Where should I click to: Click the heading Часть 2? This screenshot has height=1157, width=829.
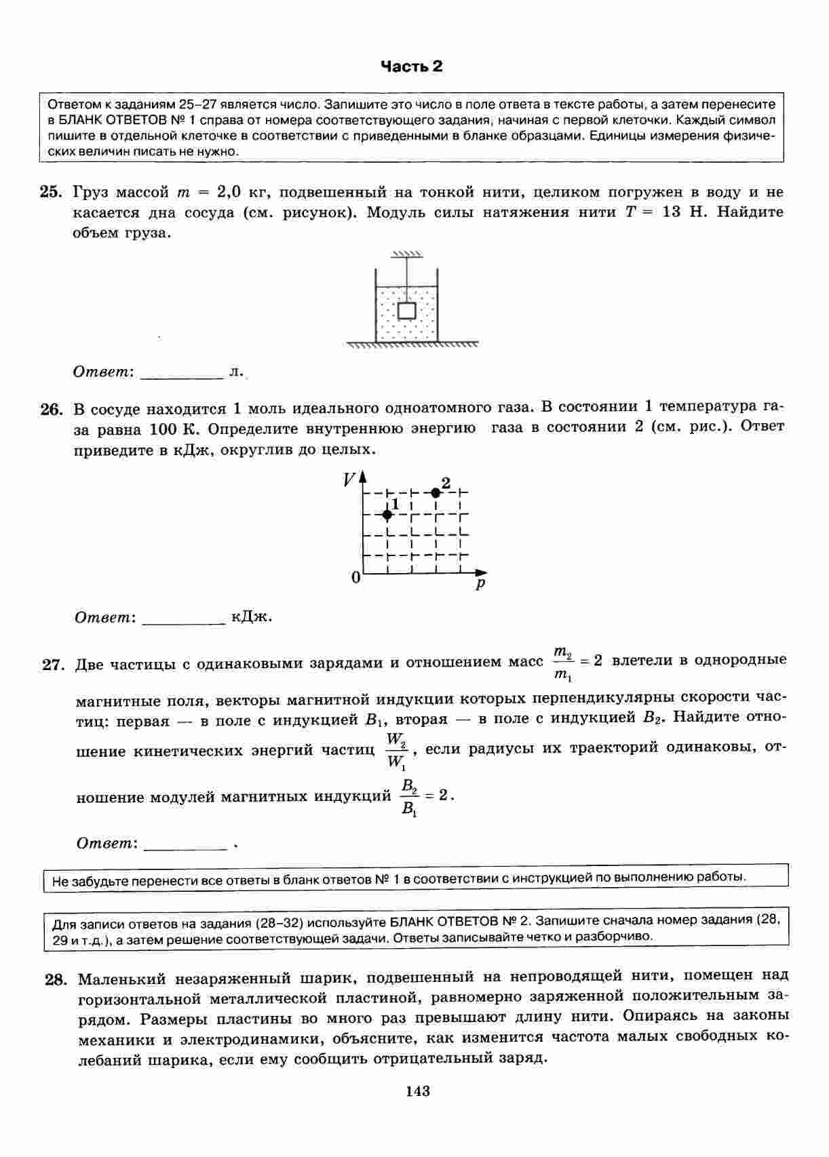(x=411, y=66)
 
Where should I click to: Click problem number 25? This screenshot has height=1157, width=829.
(x=51, y=192)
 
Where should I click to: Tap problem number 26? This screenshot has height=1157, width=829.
(x=52, y=410)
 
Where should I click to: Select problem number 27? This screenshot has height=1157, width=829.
(x=52, y=665)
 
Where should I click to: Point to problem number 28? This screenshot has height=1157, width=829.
(x=56, y=979)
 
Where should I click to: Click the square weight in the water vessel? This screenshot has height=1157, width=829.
(x=406, y=311)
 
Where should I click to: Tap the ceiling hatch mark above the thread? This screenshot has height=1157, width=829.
(x=406, y=254)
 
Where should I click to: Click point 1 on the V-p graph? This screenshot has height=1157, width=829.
(x=387, y=515)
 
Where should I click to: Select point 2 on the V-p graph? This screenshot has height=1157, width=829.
(x=436, y=492)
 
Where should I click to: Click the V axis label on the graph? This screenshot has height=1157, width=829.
(x=349, y=480)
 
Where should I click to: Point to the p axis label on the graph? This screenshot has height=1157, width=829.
(x=481, y=583)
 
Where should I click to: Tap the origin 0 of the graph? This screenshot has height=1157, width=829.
(x=355, y=578)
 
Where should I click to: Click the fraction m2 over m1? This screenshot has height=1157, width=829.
(x=563, y=663)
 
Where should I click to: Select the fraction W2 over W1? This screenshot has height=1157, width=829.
(x=396, y=751)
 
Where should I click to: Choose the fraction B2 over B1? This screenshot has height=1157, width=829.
(x=409, y=797)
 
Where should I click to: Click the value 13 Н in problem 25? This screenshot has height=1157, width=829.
(x=680, y=212)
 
